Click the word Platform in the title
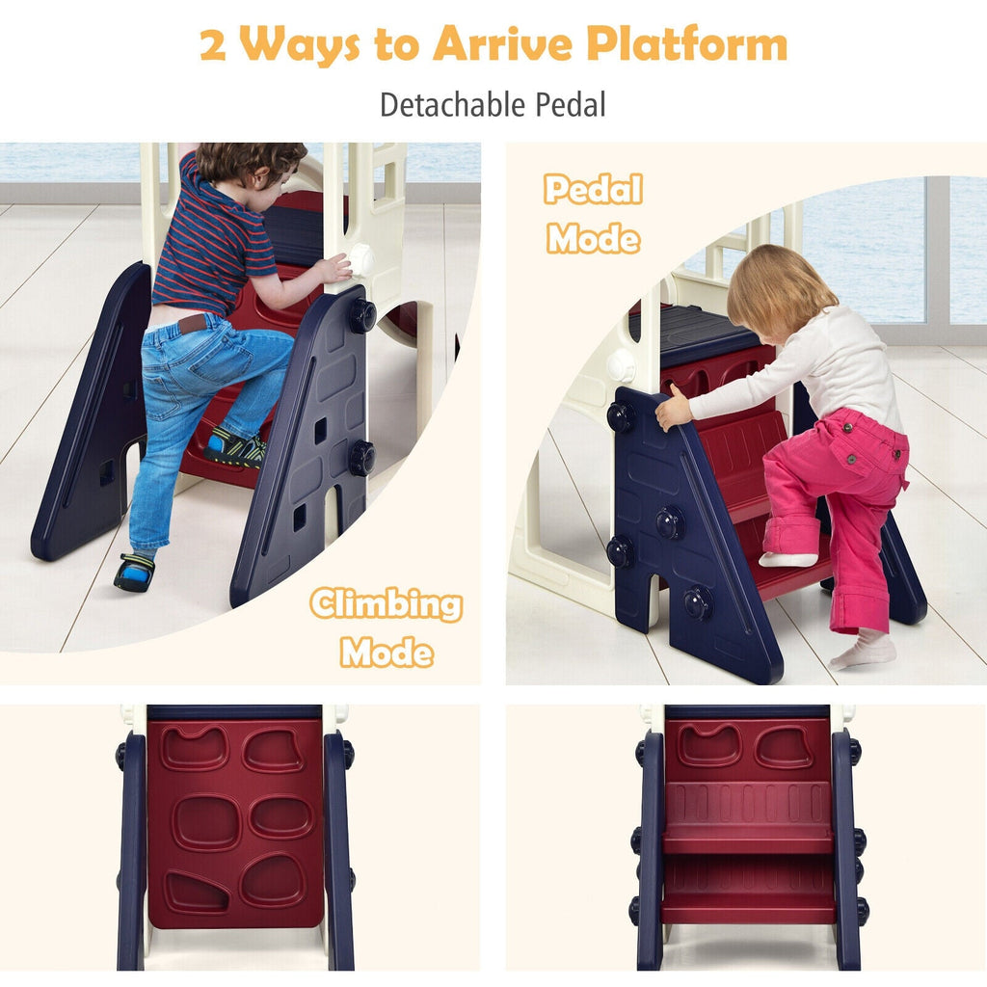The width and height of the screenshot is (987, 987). [x=686, y=44]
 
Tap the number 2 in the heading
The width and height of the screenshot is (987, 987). [x=213, y=45]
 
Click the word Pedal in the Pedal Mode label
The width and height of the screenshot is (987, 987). [x=593, y=189]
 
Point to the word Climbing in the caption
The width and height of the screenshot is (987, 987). [x=387, y=604]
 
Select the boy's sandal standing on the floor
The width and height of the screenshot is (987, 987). [x=135, y=573]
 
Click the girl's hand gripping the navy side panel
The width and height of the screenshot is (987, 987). [x=672, y=408]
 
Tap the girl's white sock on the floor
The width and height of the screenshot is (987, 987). [x=864, y=651]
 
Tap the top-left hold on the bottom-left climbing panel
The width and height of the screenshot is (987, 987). [x=194, y=748]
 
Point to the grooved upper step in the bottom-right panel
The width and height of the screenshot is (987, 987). [x=748, y=812]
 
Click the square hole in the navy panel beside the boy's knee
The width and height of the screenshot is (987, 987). [x=320, y=431]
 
